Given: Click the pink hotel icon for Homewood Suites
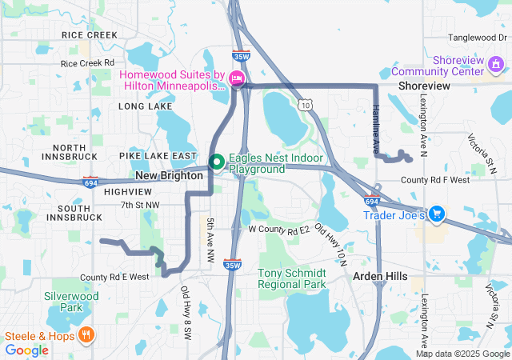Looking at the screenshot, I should (x=236, y=78).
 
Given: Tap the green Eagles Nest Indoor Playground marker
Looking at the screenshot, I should (x=216, y=162).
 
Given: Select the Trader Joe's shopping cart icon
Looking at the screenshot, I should (x=437, y=214).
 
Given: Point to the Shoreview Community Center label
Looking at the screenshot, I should (x=458, y=66).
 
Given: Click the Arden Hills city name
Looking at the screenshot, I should (x=380, y=276).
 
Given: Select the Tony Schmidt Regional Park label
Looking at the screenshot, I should (x=292, y=278).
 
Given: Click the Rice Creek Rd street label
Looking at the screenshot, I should (x=88, y=62).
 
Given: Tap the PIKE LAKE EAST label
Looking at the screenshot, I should (x=158, y=155).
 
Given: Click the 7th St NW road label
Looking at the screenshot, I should (x=141, y=206).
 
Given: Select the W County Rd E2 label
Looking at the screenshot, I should (x=278, y=230).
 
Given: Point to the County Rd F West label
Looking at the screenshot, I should (x=435, y=180).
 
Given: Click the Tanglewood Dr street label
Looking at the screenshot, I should (x=473, y=38).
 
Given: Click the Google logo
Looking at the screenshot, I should (x=27, y=350).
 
